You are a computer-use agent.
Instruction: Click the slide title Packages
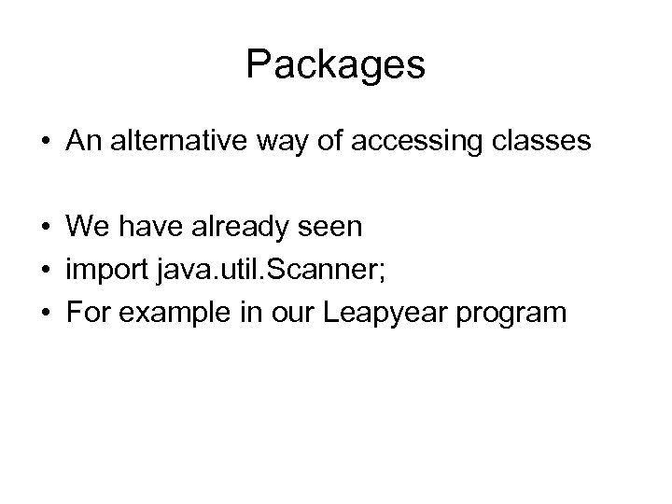pyautogui.click(x=336, y=65)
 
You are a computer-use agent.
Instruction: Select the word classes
pyautogui.click(x=543, y=141)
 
